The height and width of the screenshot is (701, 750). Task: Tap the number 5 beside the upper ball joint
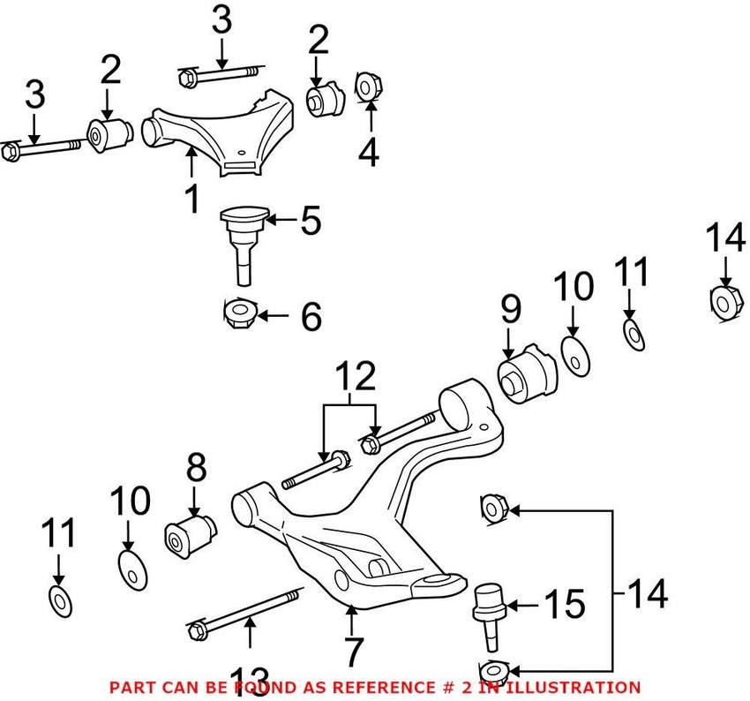click(x=310, y=222)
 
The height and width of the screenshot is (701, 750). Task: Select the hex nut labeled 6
click(x=238, y=313)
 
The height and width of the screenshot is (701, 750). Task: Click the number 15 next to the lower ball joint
click(x=564, y=606)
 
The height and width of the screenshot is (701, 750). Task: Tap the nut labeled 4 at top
click(x=367, y=87)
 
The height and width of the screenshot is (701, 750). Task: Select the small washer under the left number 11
click(x=59, y=600)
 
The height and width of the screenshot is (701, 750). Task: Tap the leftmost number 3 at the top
click(x=34, y=96)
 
